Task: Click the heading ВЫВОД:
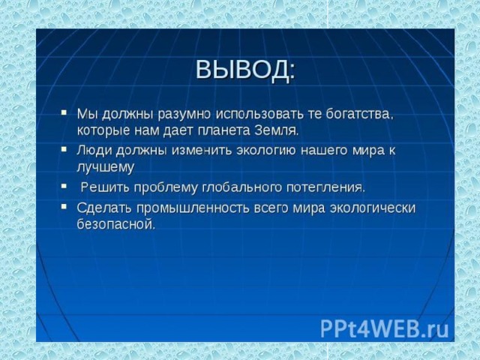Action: pyautogui.click(x=245, y=70)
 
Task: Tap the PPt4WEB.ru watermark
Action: pyautogui.click(x=385, y=328)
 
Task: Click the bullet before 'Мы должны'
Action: pyautogui.click(x=64, y=112)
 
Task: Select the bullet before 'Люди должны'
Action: pyautogui.click(x=64, y=149)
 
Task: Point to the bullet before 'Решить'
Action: pyautogui.click(x=64, y=186)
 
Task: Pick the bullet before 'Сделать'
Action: pyautogui.click(x=64, y=206)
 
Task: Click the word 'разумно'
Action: pyautogui.click(x=184, y=115)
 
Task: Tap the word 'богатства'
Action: pyautogui.click(x=359, y=114)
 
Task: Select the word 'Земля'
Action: pyautogui.click(x=277, y=130)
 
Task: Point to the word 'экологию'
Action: pyautogui.click(x=266, y=151)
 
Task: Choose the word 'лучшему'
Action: pyautogui.click(x=106, y=168)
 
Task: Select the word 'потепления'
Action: pyautogui.click(x=325, y=187)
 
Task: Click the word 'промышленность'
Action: pyautogui.click(x=193, y=208)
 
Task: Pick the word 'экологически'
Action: pyautogui.click(x=372, y=208)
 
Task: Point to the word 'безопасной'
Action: pyautogui.click(x=116, y=224)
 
